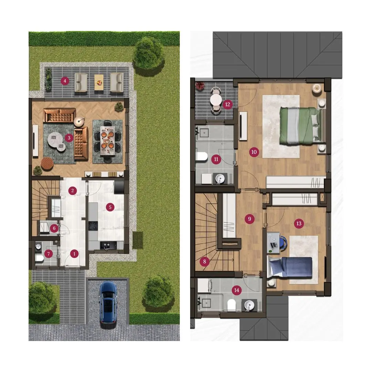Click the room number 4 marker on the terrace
pyautogui.click(x=65, y=81)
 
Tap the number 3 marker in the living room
pyautogui.click(x=69, y=137)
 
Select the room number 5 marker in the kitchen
pyautogui.click(x=110, y=207)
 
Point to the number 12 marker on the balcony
pyautogui.click(x=228, y=104)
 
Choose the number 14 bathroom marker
pyautogui.click(x=237, y=290)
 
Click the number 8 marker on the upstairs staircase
pyautogui.click(x=205, y=262)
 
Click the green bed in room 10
pyautogui.click(x=301, y=125)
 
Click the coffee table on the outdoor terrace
pyautogui.click(x=99, y=82)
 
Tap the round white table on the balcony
pyautogui.click(x=216, y=100)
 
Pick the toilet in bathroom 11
pyautogui.click(x=202, y=157)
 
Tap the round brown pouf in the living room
pyautogui.click(x=47, y=164)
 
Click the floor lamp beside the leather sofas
pyautogui.click(x=79, y=122)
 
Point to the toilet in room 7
pyautogui.click(x=39, y=258)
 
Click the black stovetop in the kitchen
pyautogui.click(x=93, y=226)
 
